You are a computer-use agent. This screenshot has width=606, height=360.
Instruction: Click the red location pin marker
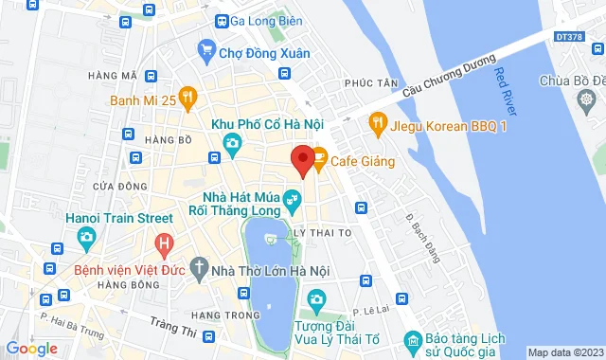[302, 160]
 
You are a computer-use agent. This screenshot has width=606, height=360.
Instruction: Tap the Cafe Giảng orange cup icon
[319, 160]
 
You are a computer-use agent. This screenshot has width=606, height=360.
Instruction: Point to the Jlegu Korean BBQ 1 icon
[377, 122]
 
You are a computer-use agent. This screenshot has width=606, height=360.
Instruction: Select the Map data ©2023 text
[564, 352]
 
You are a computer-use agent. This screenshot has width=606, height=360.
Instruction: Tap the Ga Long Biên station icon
[220, 21]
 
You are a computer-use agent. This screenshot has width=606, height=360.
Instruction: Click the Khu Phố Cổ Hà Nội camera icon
[231, 143]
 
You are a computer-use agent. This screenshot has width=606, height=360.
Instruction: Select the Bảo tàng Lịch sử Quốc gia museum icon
[411, 338]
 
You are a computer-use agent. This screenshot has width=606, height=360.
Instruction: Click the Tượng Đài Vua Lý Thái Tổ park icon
[316, 300]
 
